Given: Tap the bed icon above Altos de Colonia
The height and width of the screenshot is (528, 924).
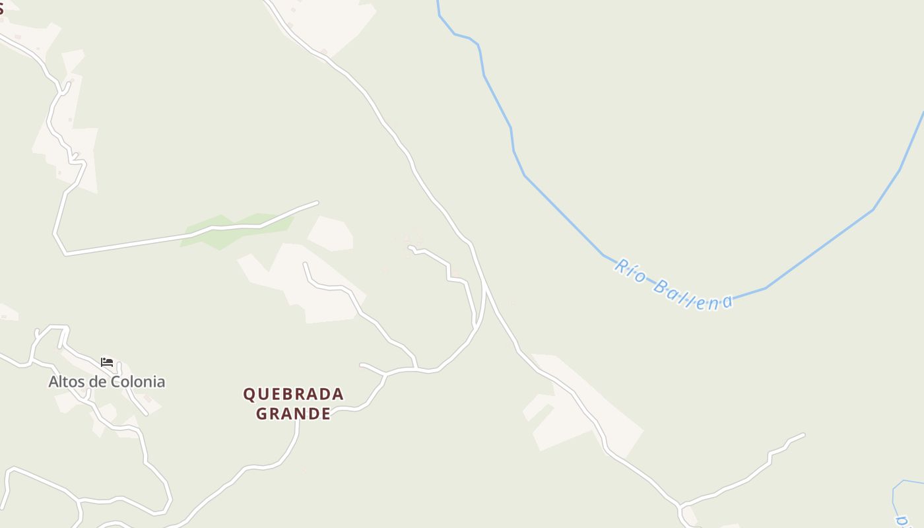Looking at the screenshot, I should pos(107,362).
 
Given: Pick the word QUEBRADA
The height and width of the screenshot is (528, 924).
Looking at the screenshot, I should pos(293,395).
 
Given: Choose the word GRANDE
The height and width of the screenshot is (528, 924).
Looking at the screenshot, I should pos(293,414).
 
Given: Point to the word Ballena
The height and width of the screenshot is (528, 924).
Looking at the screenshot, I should pos(692,296).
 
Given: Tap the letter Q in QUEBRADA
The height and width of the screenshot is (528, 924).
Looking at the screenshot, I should pos(249,395).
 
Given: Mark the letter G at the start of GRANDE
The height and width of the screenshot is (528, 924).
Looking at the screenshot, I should pos(261,414).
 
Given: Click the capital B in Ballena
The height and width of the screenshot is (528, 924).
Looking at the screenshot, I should pos(660,286).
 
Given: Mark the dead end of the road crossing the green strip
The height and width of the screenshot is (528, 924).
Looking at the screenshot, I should pos(317,203).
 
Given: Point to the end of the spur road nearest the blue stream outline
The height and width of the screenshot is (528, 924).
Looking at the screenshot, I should pos(803,434).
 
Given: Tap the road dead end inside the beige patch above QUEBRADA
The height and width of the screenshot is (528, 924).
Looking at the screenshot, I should pos(305,264).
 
